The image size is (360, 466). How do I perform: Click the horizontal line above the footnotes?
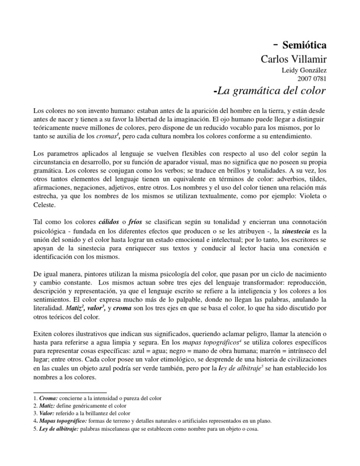pyautogui.click(x=71, y=392)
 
